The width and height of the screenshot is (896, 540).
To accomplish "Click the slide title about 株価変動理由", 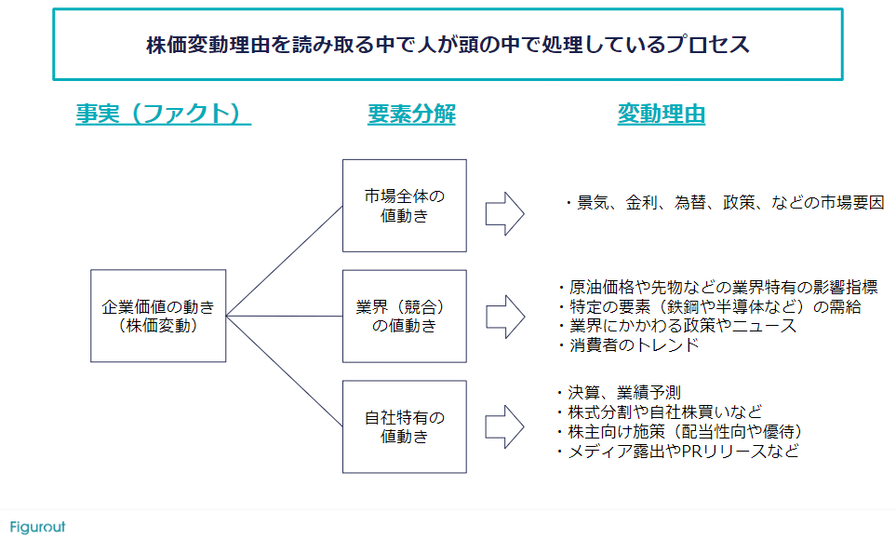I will (448, 45).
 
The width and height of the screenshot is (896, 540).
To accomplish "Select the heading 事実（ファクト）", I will (164, 115).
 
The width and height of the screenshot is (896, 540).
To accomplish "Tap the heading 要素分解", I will (411, 115).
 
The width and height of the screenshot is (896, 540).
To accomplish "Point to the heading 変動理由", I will (661, 115).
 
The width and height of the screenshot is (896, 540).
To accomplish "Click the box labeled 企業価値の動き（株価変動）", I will (157, 317).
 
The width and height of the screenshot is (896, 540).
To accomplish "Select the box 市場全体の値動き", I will (404, 206).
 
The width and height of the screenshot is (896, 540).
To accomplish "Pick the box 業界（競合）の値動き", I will (404, 317).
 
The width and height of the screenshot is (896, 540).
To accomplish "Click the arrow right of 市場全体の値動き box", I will (504, 213).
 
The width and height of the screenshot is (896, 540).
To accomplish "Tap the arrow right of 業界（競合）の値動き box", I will (504, 317).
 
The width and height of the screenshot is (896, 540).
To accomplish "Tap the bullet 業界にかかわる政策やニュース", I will (676, 326).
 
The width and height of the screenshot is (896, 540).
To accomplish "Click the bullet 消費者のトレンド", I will (627, 345).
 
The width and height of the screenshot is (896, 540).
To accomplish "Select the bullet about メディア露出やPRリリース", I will (675, 452).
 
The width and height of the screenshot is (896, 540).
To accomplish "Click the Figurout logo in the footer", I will (38, 527).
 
